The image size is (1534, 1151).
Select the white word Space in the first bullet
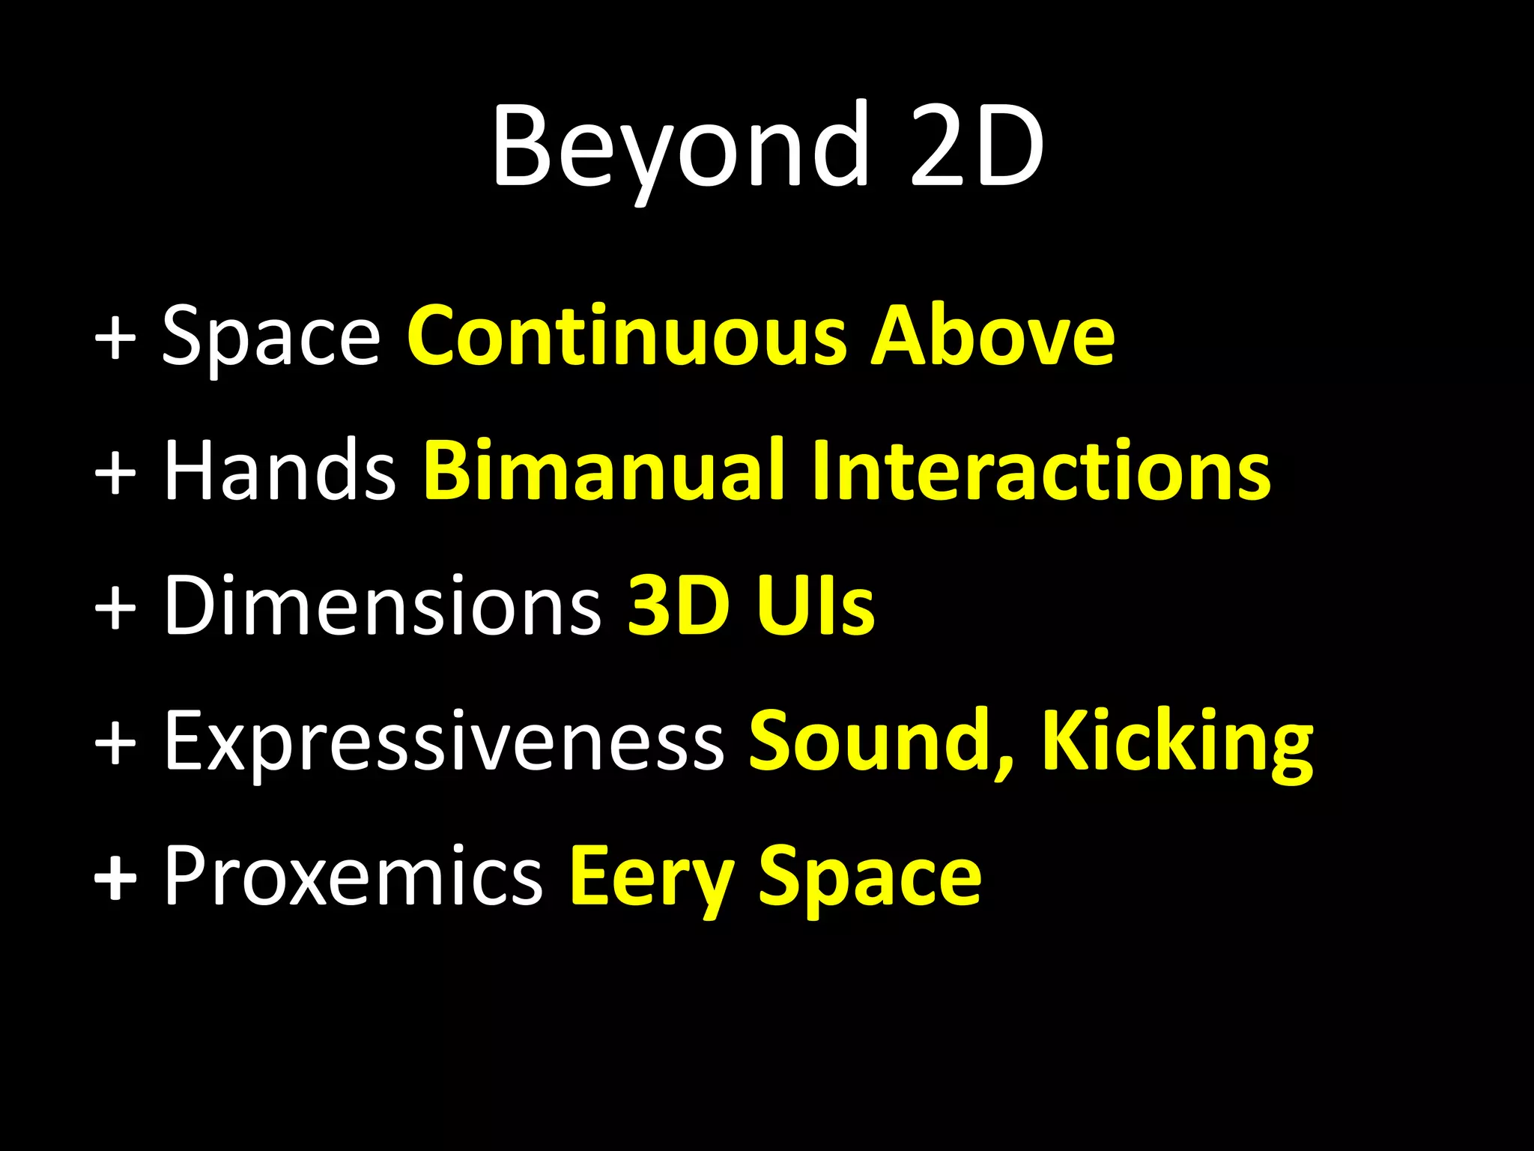coord(271,336)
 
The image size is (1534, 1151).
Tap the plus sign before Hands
coord(115,472)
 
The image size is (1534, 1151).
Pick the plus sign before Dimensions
coord(115,607)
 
